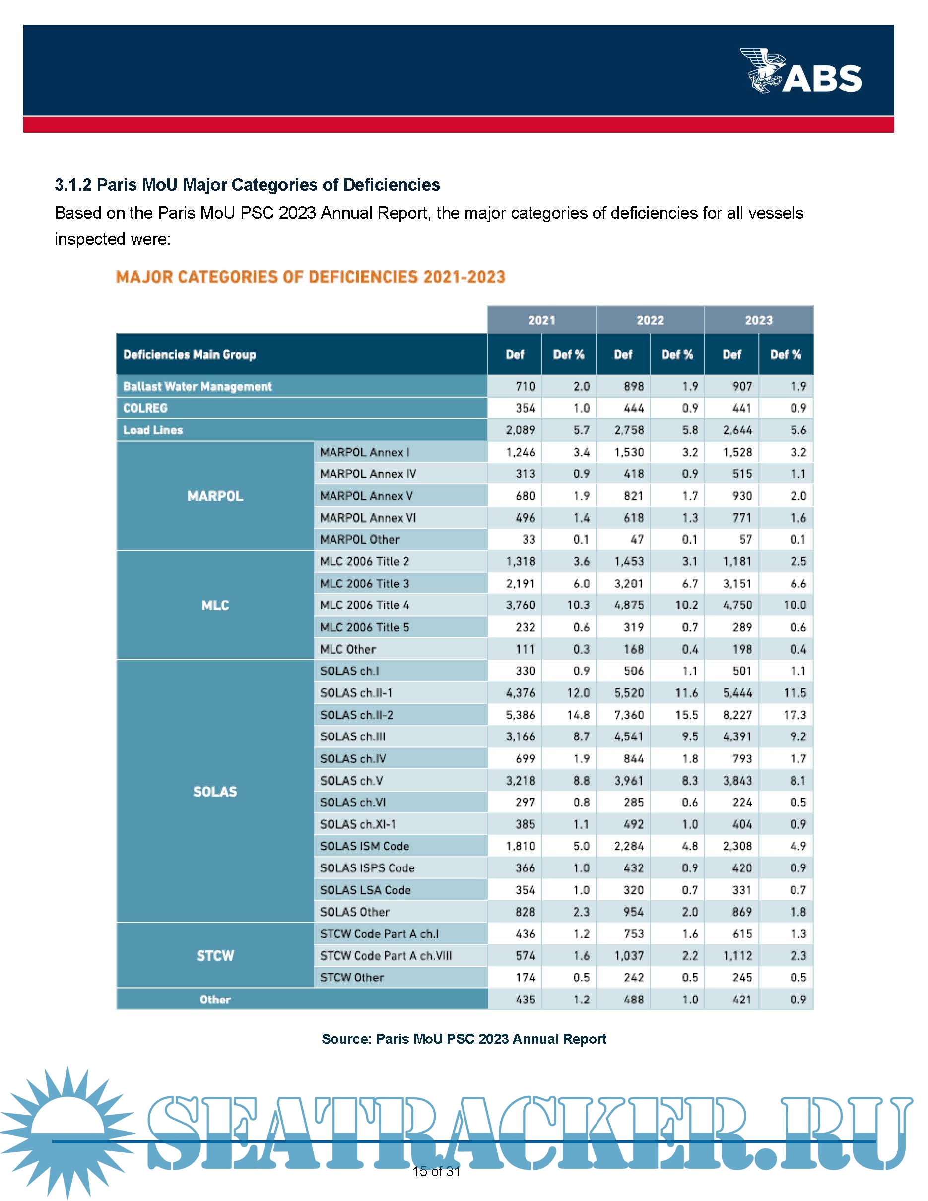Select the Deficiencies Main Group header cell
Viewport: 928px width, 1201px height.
click(x=190, y=355)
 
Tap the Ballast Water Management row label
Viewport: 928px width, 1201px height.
click(x=198, y=387)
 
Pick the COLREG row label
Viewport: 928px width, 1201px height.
click(x=145, y=408)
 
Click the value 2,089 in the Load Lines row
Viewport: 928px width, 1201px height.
click(x=520, y=430)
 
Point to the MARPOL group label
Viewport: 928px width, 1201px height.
click(x=215, y=496)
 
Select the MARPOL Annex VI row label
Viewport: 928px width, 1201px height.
click(x=368, y=518)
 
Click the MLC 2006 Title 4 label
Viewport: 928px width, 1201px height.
click(x=364, y=605)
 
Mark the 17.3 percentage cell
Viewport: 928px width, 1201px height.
click(x=795, y=715)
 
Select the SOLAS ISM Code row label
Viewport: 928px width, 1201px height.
click(x=364, y=846)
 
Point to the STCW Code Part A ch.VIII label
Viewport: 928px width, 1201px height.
click(x=386, y=956)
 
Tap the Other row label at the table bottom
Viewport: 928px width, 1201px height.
click(x=215, y=999)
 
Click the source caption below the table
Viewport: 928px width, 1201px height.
click(x=464, y=1039)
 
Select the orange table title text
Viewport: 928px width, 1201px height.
click(x=310, y=277)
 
